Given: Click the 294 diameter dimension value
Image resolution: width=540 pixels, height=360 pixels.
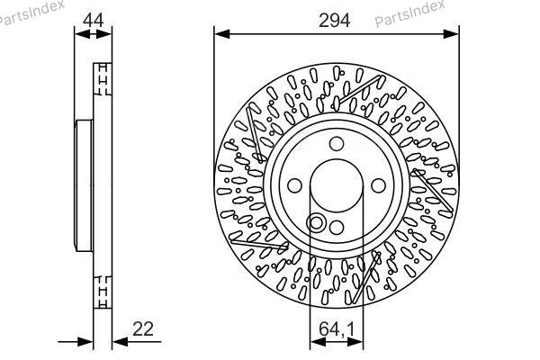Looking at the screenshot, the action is tap(334, 21).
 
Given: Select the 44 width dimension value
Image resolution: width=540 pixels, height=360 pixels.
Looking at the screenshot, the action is tap(94, 21).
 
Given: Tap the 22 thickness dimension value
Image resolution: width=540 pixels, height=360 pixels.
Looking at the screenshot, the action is tap(143, 329).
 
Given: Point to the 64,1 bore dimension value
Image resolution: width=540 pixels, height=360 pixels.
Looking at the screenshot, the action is tap(337, 329).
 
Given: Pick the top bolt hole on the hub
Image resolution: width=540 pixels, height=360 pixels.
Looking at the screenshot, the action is tap(337, 144).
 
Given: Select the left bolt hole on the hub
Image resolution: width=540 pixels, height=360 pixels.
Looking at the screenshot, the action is tap(294, 185).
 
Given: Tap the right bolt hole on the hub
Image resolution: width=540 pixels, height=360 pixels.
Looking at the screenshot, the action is tap(379, 185).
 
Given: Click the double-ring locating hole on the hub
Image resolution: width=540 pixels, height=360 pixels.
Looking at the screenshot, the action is tap(316, 223).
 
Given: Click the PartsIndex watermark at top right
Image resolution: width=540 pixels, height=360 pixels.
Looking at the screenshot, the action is tap(409, 13).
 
